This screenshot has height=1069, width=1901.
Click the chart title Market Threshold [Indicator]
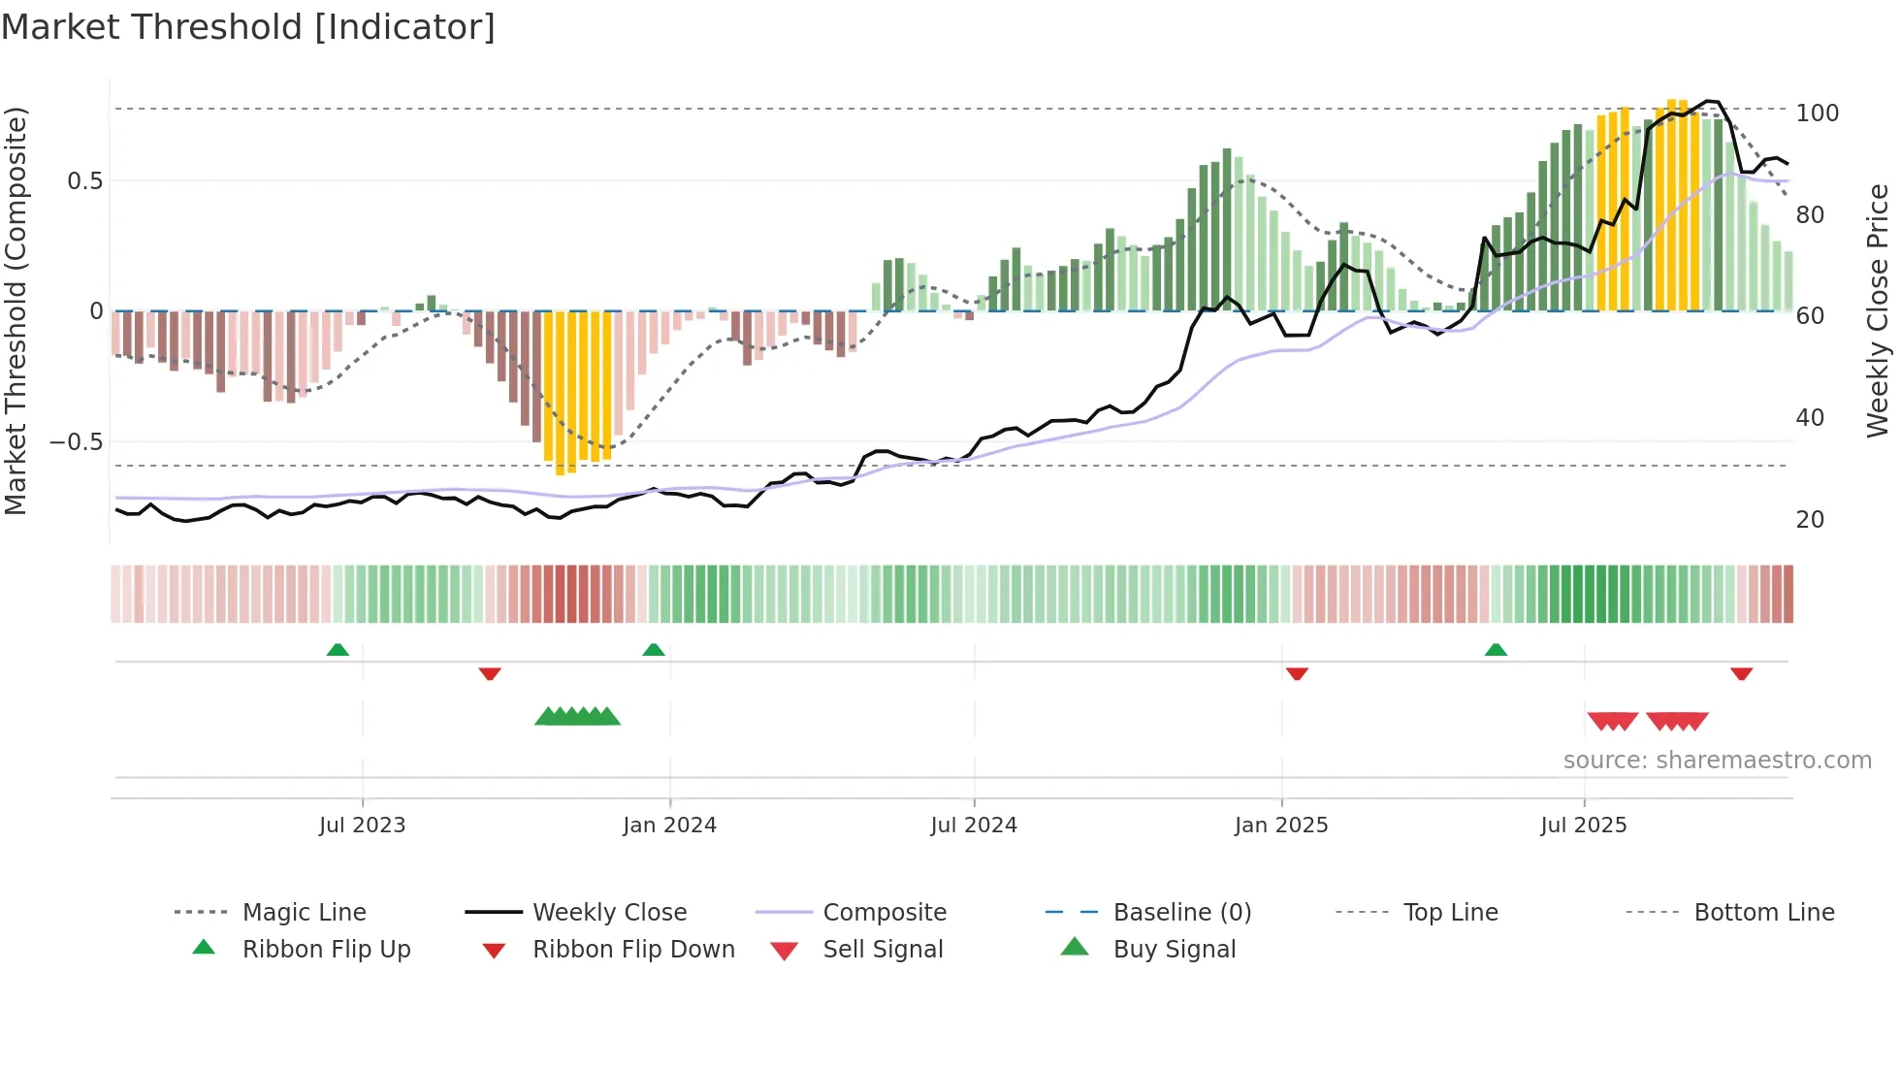248,27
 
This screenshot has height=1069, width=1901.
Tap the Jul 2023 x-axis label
362,826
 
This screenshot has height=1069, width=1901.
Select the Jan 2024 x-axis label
669,826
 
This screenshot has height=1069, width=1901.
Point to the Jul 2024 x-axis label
974,826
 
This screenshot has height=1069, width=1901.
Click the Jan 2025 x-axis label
1281,826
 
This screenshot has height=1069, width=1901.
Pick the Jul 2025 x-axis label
1584,826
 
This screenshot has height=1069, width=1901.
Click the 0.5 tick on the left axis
84,181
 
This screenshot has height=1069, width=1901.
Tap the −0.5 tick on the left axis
76,442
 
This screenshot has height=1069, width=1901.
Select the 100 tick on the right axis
1817,113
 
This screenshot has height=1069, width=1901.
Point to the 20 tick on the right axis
1810,520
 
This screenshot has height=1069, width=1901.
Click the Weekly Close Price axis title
1878,310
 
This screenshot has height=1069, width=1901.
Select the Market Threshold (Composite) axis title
16,310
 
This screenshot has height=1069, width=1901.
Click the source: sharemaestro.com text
1717,761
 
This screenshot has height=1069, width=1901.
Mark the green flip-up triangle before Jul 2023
338,650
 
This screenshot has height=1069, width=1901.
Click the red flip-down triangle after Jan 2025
1297,673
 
